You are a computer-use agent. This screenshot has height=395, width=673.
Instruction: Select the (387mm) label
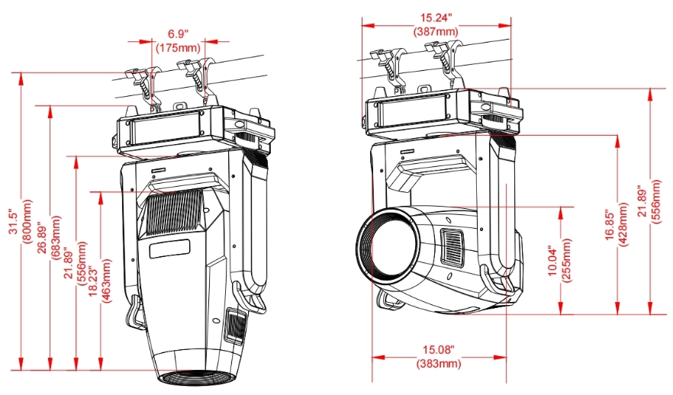pos(435,32)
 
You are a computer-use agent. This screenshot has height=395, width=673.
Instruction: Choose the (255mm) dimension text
pos(565,260)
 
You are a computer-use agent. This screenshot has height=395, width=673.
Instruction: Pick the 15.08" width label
pos(439,350)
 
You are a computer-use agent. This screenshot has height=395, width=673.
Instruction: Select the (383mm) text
pos(439,364)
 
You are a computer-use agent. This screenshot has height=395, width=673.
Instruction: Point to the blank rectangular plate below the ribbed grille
pos(169,248)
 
